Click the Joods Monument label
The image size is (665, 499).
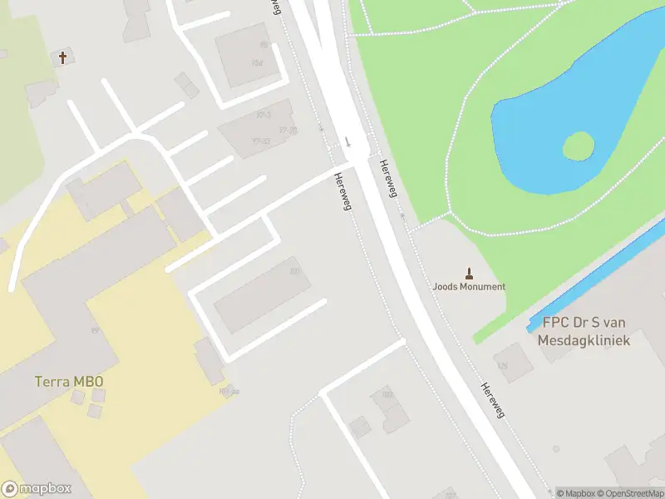click(x=469, y=286)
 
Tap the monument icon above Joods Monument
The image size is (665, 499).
click(x=470, y=273)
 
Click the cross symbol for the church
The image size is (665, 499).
click(x=62, y=57)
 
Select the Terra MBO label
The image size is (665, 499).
click(x=69, y=382)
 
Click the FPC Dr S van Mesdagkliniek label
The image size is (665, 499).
click(x=584, y=332)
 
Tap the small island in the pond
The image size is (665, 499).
click(x=579, y=147)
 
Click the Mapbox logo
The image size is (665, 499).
click(x=37, y=489)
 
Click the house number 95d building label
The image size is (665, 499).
click(x=257, y=63)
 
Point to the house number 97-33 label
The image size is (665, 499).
click(x=262, y=141)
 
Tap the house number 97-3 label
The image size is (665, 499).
click(x=264, y=114)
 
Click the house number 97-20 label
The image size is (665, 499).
click(x=288, y=130)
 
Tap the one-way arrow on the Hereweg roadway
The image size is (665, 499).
click(x=347, y=141)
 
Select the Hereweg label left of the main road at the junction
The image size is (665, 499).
click(x=342, y=190)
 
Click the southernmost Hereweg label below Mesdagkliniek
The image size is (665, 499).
click(x=493, y=399)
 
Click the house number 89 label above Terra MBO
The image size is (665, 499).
click(x=96, y=330)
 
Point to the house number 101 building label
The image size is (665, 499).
click(x=294, y=271)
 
